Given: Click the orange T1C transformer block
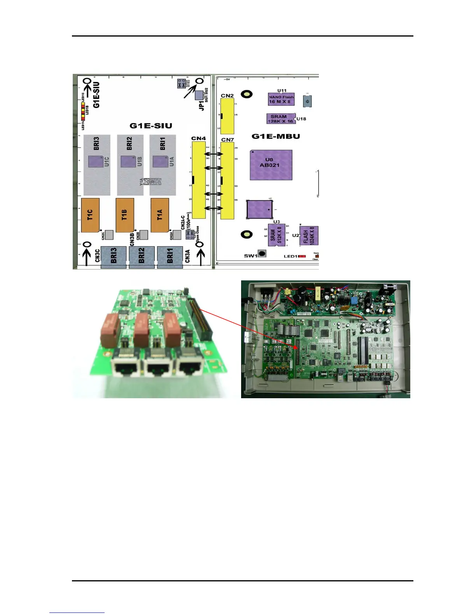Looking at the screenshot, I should coord(90,215).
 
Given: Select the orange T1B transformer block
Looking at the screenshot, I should coord(125,215).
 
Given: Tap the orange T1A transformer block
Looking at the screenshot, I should coord(160,215).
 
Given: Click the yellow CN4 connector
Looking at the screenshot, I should coord(199,180).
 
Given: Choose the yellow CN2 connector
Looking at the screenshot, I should coord(227,116).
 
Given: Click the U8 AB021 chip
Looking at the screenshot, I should coord(271,165).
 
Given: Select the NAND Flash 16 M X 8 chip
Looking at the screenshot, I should coord(281,99).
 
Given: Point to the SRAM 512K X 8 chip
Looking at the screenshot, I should coord(276,235).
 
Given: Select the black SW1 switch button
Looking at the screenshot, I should coord(262,254).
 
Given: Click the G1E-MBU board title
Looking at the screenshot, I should coord(276,136).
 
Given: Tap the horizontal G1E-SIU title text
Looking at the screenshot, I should coord(150,126).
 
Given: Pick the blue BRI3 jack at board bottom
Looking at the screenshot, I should coord(114,257).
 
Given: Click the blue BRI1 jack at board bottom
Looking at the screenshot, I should coord(170,257).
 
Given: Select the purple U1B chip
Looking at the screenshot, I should coord(128,161).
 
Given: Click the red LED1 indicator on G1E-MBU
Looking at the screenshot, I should coord(302,256).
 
